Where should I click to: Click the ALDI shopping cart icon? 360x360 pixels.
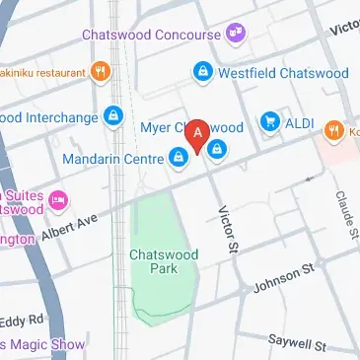pos(268,122)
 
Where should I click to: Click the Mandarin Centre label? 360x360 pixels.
pos(111,158)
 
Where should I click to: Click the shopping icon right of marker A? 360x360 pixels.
pos(217,150)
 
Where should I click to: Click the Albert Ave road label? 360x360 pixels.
pos(70,228)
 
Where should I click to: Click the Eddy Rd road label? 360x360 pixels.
pos(22,320)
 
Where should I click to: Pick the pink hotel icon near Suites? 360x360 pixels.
pos(58,199)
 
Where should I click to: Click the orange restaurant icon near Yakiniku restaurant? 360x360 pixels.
pos(100,70)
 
